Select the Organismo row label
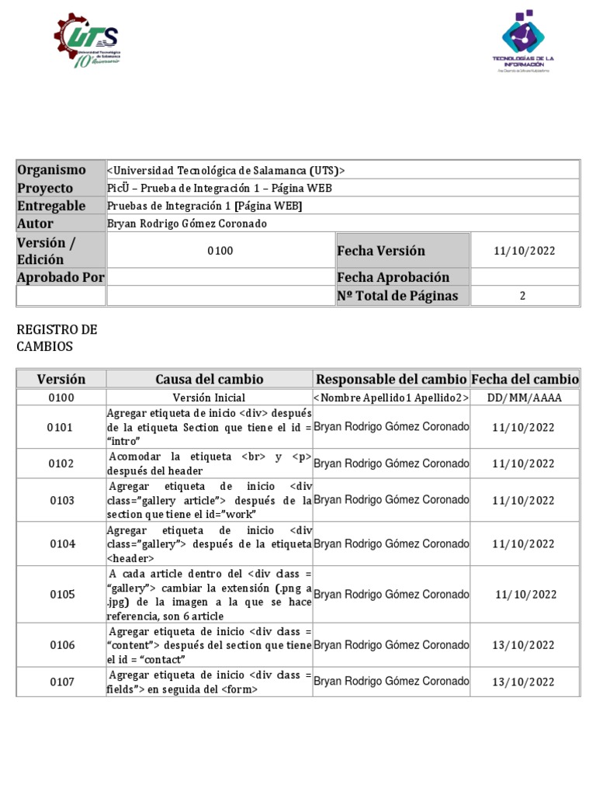coord(52,170)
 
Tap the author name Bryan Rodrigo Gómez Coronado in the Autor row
coord(186,224)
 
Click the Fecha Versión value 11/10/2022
coord(525,251)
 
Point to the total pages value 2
coord(522,296)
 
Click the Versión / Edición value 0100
coord(220,251)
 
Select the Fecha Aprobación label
coord(393,277)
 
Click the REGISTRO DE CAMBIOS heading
coord(57,338)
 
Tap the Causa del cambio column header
coord(210,379)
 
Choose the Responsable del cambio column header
coord(391,379)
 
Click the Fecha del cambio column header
coord(525,379)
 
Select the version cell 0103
coord(62,500)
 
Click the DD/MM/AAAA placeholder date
coord(525,397)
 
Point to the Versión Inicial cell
coord(210,397)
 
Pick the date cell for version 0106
coord(525,645)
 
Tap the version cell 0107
coord(62,682)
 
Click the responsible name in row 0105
coord(391,595)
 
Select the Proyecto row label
coord(45,188)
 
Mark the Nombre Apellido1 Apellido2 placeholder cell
coord(391,397)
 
